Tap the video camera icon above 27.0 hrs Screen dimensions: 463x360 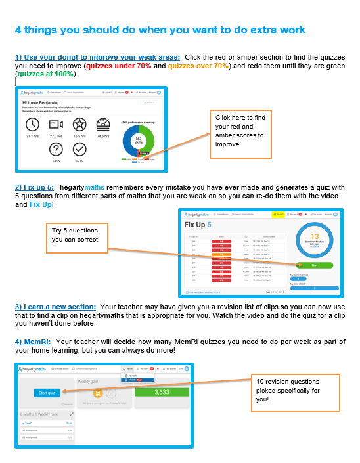pos(56,125)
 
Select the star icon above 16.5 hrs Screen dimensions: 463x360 pos(80,125)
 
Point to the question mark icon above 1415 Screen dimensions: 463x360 pos(56,148)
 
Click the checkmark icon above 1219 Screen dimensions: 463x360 pos(80,148)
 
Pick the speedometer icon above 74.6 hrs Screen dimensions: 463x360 pos(104,125)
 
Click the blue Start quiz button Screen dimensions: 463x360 pos(46,392)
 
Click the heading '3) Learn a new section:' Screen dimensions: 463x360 pos(56,306)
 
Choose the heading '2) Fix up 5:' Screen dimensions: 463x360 pos(35,187)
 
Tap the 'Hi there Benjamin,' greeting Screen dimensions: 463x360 pos(45,103)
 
